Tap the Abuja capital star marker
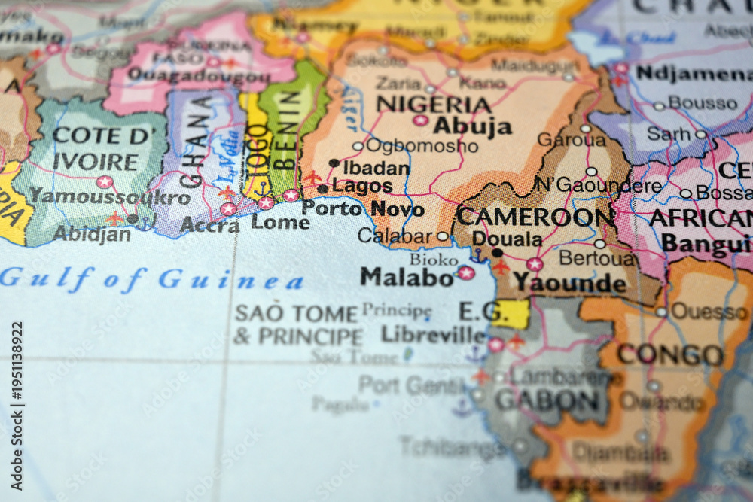click(420, 120)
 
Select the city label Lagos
click(362, 186)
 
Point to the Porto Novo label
click(363, 208)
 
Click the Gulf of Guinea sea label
click(151, 278)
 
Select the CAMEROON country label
click(535, 217)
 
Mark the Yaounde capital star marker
click(535, 264)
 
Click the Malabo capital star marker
click(466, 272)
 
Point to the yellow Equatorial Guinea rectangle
click(511, 314)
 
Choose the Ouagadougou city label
click(198, 76)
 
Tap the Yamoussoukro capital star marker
click(105, 181)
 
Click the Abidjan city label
click(91, 234)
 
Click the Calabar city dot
click(442, 236)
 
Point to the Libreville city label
click(433, 334)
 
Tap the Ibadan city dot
click(334, 163)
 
